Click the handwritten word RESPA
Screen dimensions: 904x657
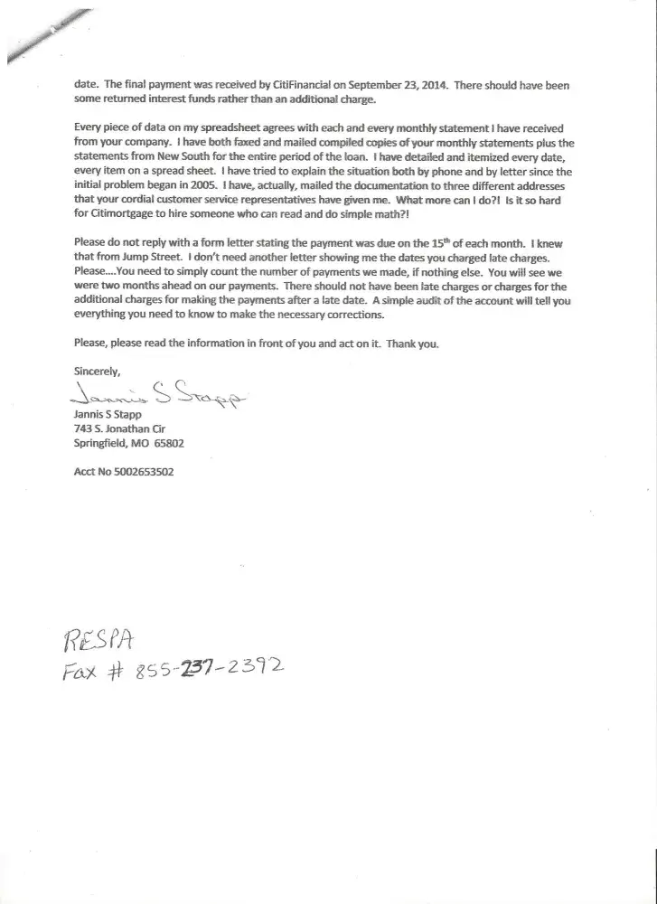(x=99, y=642)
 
